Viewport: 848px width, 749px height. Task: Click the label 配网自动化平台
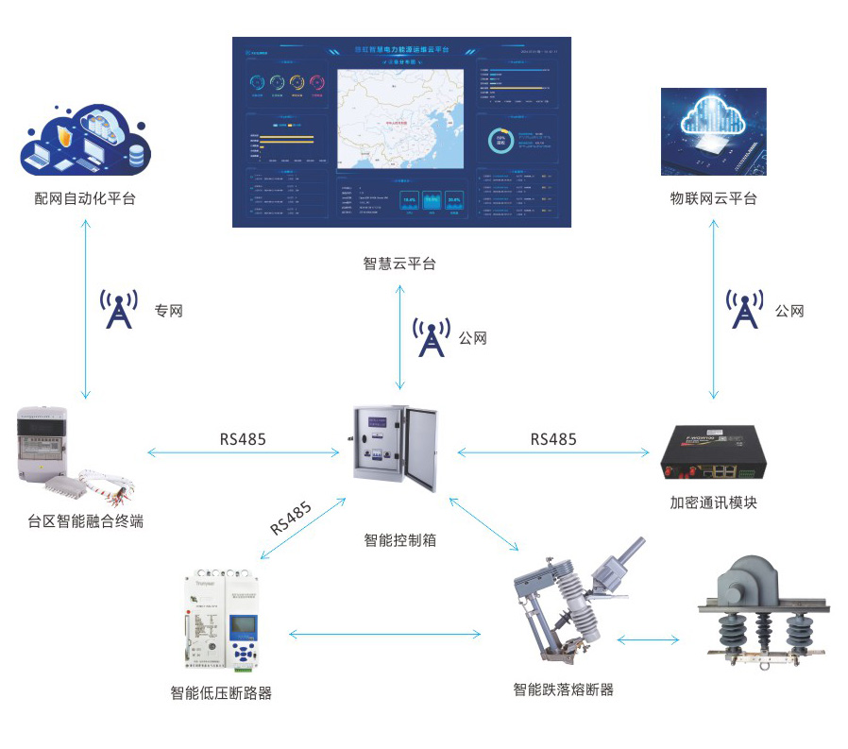[85, 198]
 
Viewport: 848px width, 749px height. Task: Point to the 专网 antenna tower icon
[119, 310]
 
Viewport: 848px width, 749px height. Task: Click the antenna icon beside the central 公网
[431, 337]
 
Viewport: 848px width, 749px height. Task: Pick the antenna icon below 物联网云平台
[744, 310]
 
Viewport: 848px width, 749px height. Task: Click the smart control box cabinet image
[397, 450]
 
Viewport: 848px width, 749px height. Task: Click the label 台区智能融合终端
[86, 520]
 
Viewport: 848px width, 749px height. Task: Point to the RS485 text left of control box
[243, 438]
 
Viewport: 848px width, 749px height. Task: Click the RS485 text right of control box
[553, 438]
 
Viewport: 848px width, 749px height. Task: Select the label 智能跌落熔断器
[564, 690]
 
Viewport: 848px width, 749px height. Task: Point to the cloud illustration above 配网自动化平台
[85, 142]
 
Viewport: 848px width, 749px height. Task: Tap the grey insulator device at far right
[760, 614]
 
